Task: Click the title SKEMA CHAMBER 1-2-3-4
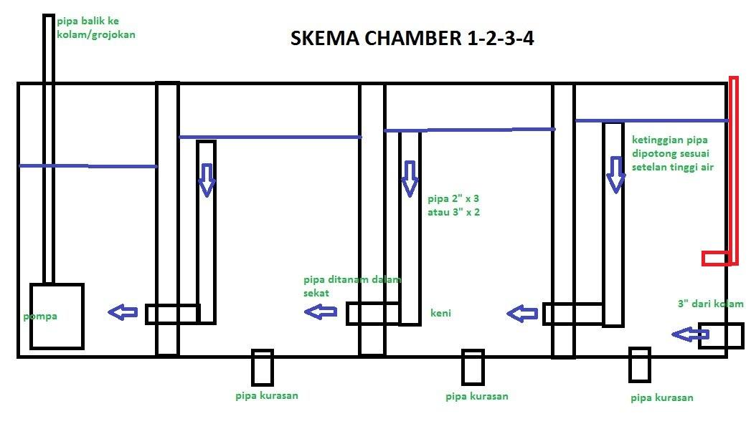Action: [x=412, y=38]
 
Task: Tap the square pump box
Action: [x=57, y=316]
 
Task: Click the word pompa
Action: [x=39, y=316]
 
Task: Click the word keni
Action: [x=440, y=313]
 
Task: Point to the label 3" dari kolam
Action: [x=710, y=304]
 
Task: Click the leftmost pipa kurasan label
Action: [x=266, y=395]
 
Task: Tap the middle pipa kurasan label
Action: [x=476, y=396]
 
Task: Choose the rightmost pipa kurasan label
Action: [x=662, y=397]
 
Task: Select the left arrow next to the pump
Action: [x=123, y=312]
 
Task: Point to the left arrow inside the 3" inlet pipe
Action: [x=690, y=334]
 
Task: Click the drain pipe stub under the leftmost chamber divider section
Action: [x=262, y=367]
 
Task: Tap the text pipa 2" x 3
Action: [x=453, y=199]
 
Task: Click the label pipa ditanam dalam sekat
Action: [x=351, y=286]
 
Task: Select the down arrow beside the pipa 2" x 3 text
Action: [x=409, y=178]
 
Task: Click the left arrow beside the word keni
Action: [x=524, y=313]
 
